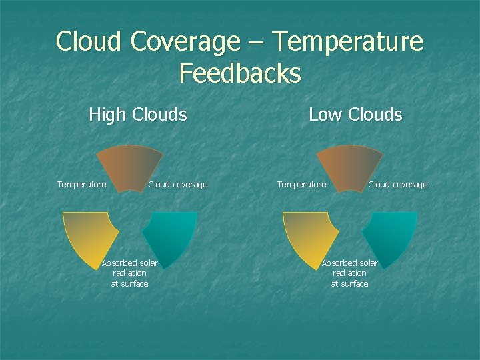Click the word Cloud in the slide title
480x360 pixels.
coord(89,41)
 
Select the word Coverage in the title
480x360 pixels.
coord(185,41)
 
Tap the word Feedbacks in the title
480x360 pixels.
coord(240,73)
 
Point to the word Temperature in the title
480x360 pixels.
coord(348,41)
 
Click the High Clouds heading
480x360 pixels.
coord(137,115)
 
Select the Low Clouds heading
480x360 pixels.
coord(355,115)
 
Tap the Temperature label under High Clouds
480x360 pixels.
coord(81,185)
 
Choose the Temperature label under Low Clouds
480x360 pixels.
coord(301,185)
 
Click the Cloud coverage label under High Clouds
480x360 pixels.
coord(177,185)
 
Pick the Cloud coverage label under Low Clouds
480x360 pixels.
coord(397,185)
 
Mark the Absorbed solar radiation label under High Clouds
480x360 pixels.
coord(129,273)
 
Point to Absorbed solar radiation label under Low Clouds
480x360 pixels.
coord(349,273)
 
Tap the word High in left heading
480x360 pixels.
coord(107,115)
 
